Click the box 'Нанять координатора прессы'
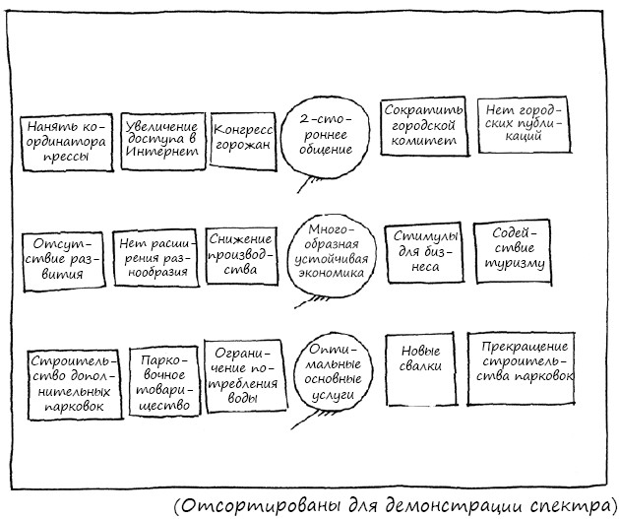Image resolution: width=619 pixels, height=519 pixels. pos(66,143)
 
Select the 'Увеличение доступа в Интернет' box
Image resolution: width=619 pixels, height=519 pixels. pos(163,142)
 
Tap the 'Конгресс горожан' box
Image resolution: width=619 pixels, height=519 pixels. pos(243,142)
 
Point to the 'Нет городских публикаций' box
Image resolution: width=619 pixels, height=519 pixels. pos(525,124)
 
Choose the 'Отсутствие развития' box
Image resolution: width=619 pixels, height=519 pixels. pos(64,262)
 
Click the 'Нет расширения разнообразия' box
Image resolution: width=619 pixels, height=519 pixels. pos(155,258)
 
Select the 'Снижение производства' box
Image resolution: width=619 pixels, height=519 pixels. pos(242,255)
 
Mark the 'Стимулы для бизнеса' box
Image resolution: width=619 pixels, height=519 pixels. pos(424,252)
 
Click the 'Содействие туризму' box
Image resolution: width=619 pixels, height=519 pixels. pos(513,253)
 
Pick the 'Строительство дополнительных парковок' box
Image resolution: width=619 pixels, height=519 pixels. pos(75,385)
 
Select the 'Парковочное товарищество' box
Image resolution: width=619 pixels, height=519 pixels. pos(164,381)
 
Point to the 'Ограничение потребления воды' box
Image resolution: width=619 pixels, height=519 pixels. pos(245,375)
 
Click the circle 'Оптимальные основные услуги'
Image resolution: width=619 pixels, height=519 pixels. pos(334,373)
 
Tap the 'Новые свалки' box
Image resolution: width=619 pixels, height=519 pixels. pos(420,369)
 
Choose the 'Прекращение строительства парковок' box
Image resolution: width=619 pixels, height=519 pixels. pos(522,368)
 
